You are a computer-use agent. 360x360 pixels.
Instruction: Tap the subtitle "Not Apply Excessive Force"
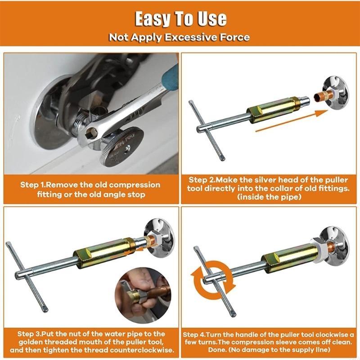[180, 37]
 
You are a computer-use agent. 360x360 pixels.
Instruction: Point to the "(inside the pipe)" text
[268, 197]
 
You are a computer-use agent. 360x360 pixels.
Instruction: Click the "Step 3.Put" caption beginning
[37, 334]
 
